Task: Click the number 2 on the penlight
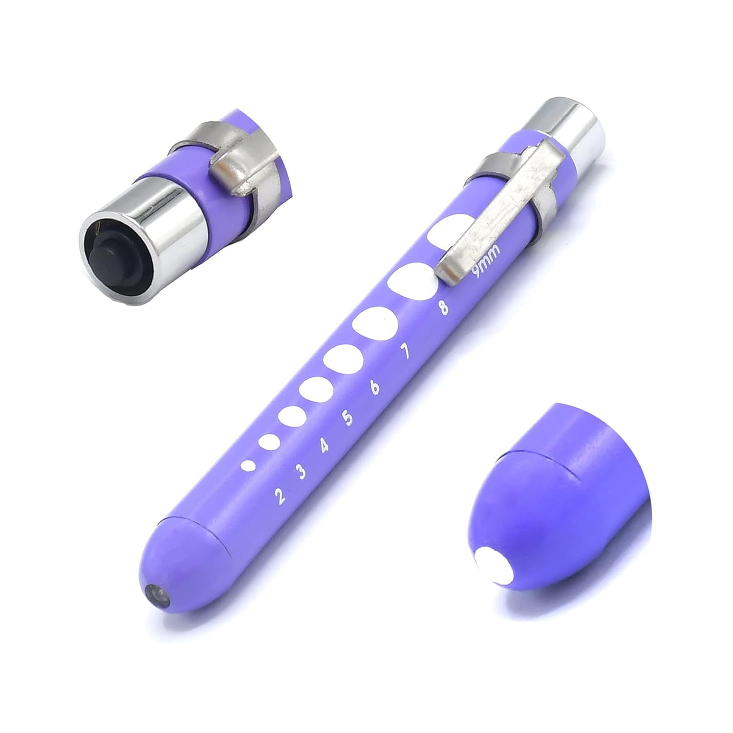point(280,496)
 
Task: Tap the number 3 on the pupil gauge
point(302,472)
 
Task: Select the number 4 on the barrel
point(324,446)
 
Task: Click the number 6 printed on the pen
point(375,387)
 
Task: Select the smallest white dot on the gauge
point(248,466)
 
